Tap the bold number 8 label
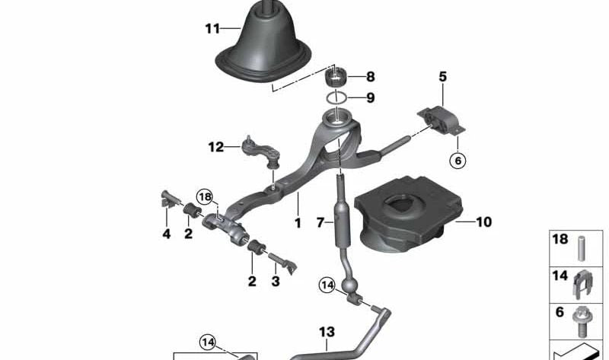click(371, 77)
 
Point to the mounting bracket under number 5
click(442, 121)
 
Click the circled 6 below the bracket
click(458, 160)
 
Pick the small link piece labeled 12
click(261, 151)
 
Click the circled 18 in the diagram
click(205, 197)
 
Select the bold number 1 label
click(298, 223)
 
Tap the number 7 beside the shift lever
click(320, 222)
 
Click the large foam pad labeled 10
click(409, 214)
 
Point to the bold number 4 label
click(167, 234)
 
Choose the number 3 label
click(276, 281)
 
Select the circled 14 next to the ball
click(327, 285)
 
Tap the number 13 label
click(327, 332)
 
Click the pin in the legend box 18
click(582, 249)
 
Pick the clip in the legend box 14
click(582, 285)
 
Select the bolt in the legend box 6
click(581, 322)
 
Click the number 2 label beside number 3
click(252, 281)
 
